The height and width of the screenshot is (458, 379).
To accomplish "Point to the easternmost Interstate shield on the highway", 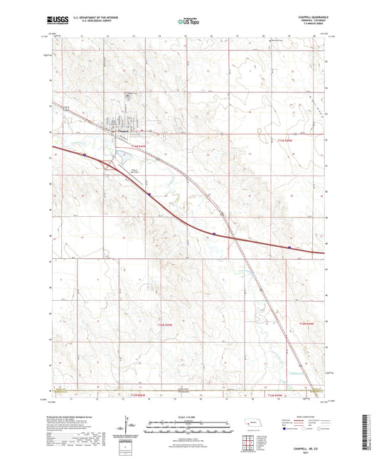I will coord(289,247).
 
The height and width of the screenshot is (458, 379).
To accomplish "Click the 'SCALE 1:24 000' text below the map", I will coord(188,416).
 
